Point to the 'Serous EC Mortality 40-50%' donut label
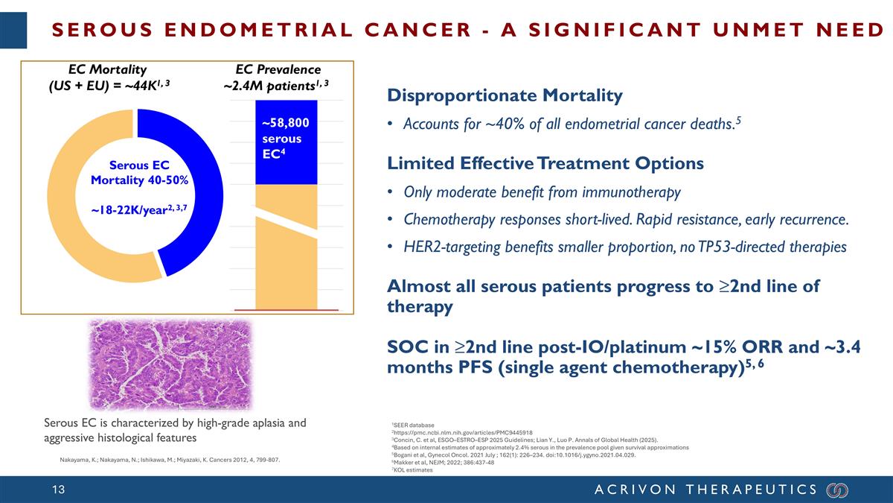coord(139,173)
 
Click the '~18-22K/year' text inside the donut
coord(139,209)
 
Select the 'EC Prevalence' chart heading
coord(277,70)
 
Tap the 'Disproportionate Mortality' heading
coord(505,96)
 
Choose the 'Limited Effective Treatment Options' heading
coord(545,163)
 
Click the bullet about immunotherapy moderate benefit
coord(542,192)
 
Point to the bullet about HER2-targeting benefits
coord(624,247)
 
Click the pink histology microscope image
coord(171,364)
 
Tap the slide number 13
coord(60,490)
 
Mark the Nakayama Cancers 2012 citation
coord(170,460)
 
